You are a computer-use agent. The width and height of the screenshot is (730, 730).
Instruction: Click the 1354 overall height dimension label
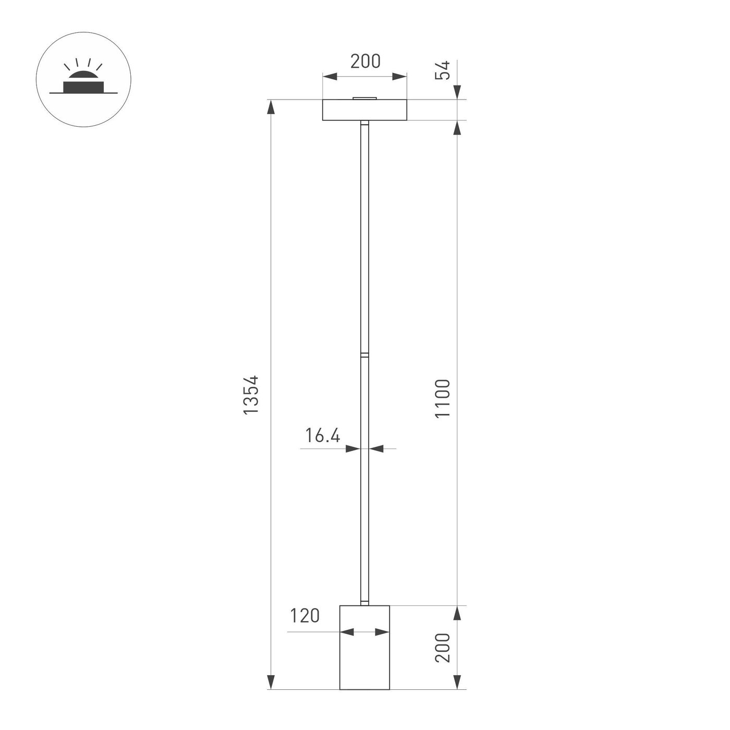[x=251, y=395]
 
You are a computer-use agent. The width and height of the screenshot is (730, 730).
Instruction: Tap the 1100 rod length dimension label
[x=442, y=398]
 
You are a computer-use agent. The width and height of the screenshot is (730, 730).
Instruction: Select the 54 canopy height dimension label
[x=442, y=70]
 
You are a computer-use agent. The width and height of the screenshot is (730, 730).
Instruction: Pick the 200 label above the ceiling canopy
[x=365, y=62]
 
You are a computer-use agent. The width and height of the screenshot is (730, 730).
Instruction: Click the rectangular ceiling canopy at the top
[x=364, y=110]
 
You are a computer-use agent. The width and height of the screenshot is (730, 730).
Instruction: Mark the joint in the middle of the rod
[x=364, y=355]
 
